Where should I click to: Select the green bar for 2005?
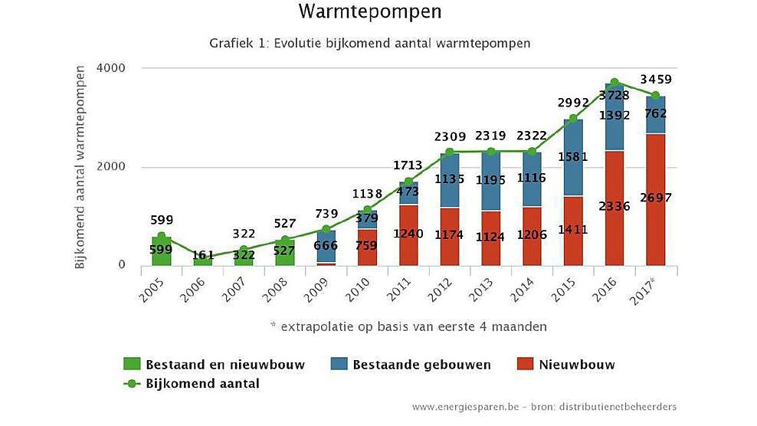tap(161, 251)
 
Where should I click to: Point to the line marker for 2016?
tap(614, 82)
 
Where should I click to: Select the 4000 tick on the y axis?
tap(112, 68)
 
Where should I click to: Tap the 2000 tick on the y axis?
tap(112, 167)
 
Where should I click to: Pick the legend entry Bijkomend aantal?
tap(192, 383)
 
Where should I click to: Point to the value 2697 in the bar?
tap(655, 198)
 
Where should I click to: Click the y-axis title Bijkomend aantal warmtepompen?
tap(81, 167)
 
